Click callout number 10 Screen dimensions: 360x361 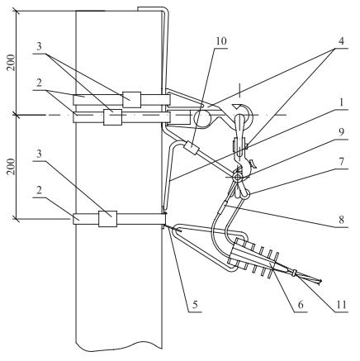pyautogui.click(x=220, y=41)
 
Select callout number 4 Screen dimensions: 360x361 pyautogui.click(x=341, y=41)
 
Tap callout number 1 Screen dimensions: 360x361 pyautogui.click(x=341, y=102)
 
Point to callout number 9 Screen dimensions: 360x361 pyautogui.click(x=341, y=132)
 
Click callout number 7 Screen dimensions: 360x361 pyautogui.click(x=341, y=162)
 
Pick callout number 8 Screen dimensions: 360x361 pyautogui.click(x=341, y=220)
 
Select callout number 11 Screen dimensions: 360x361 pyautogui.click(x=341, y=305)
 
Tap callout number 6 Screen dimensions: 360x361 pyautogui.click(x=301, y=305)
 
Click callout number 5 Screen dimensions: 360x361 pyautogui.click(x=195, y=305)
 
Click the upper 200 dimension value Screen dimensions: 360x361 pyautogui.click(x=11, y=63)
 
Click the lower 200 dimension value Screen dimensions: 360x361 pyautogui.click(x=11, y=167)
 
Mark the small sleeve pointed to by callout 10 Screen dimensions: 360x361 pyautogui.click(x=192, y=148)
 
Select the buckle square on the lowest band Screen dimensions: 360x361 pyautogui.click(x=107, y=219)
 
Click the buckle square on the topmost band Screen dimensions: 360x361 pyautogui.click(x=132, y=100)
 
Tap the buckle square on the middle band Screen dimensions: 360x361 pyautogui.click(x=112, y=117)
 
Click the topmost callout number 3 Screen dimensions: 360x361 pyautogui.click(x=39, y=47)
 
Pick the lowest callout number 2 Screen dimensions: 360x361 pyautogui.click(x=39, y=190)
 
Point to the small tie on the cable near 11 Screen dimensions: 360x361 pyautogui.click(x=295, y=273)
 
